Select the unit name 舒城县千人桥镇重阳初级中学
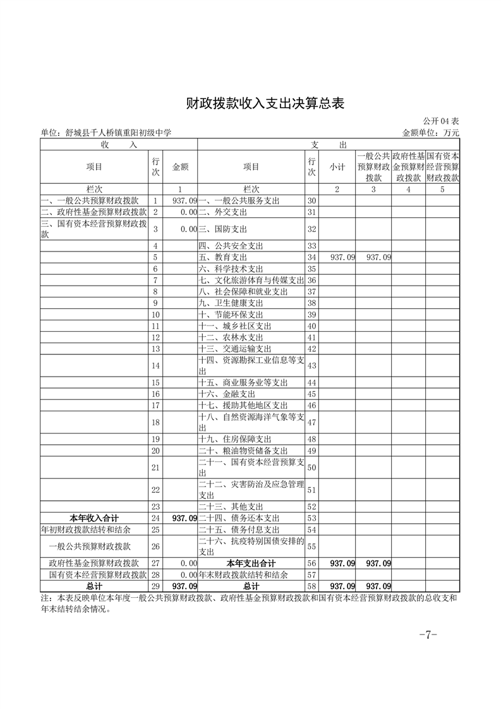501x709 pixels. [106, 133]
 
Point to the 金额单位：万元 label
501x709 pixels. [430, 133]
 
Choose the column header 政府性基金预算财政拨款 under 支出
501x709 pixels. [407, 167]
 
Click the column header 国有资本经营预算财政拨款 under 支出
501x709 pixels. [442, 167]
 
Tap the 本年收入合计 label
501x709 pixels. [94, 518]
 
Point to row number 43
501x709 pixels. [311, 365]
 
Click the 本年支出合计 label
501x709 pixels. [251, 563]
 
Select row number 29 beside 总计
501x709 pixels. [155, 586]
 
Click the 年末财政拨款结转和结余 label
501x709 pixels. [243, 575]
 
